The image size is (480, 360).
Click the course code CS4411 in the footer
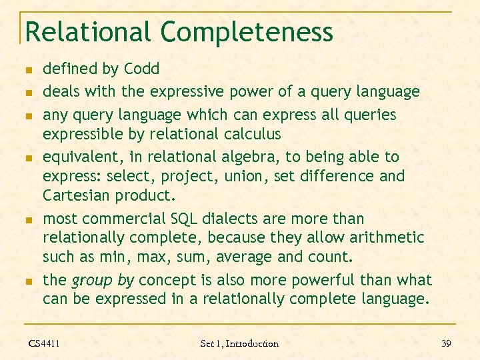coord(44,343)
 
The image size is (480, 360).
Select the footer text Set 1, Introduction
coord(239,343)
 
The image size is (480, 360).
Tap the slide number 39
coord(446,343)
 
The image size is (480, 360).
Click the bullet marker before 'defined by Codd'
coord(27,69)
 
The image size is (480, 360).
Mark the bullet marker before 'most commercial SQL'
coord(27,219)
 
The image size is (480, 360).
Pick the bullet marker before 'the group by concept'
coord(27,281)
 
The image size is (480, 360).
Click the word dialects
coord(251,219)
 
